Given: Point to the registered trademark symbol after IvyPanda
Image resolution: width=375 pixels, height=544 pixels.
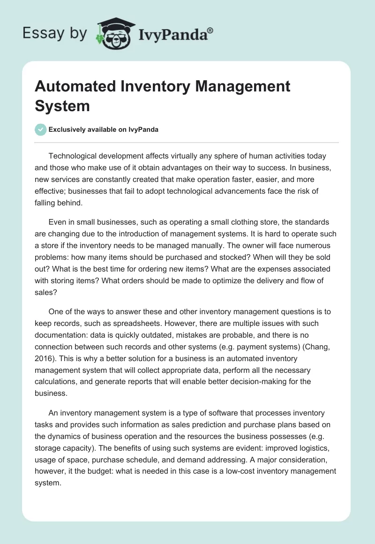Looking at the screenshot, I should pyautogui.click(x=210, y=30).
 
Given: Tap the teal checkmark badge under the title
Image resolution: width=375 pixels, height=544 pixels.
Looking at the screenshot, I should pyautogui.click(x=41, y=129).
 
